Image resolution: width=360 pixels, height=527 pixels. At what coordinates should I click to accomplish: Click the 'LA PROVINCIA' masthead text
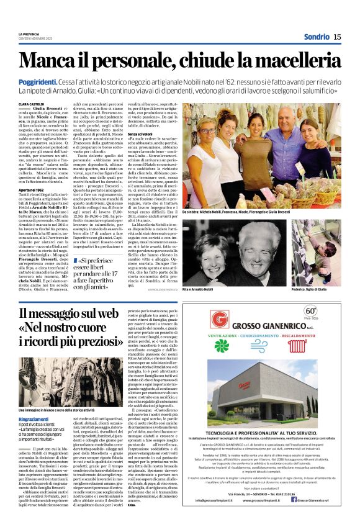click(29, 34)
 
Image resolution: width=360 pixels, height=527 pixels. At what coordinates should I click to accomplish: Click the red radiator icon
click(297, 346)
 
